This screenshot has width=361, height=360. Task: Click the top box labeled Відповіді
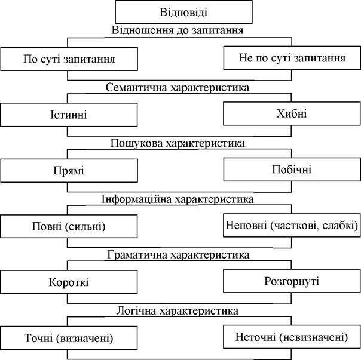[183, 12]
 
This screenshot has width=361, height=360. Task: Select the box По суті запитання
[69, 59]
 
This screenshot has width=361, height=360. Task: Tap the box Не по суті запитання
[292, 58]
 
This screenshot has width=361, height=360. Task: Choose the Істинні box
[69, 115]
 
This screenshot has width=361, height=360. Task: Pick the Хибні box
[292, 113]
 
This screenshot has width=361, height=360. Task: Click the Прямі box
[69, 171]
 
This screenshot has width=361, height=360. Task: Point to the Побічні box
[292, 170]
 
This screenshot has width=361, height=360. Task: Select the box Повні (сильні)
[69, 226]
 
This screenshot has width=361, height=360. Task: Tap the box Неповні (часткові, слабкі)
[292, 225]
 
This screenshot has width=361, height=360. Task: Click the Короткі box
[69, 282]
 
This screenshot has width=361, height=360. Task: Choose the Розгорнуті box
[292, 281]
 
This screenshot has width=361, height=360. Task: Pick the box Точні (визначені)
[69, 338]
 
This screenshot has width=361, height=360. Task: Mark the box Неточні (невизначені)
[292, 337]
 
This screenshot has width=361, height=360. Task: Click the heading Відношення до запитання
[178, 30]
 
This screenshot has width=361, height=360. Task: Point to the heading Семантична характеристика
[178, 88]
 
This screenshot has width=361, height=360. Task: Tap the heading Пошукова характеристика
[178, 143]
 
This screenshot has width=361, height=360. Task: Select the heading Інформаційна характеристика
[178, 199]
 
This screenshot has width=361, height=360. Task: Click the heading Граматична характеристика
[178, 255]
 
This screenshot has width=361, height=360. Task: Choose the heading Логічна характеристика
[177, 311]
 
